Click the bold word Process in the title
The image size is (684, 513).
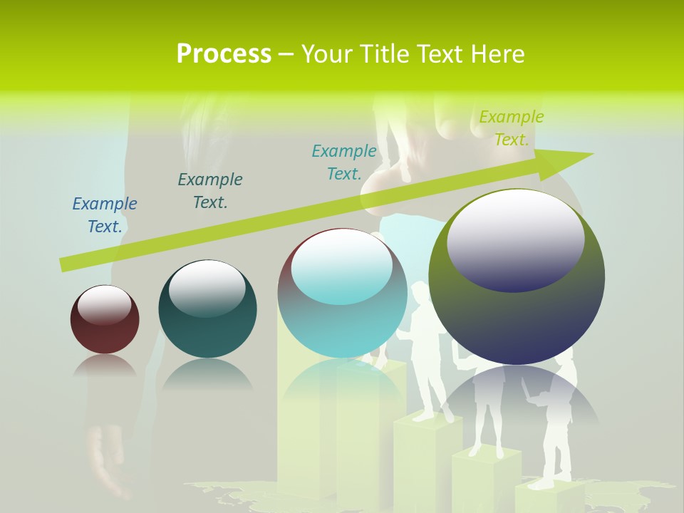[x=224, y=54]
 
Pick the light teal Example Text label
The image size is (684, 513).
[x=344, y=162]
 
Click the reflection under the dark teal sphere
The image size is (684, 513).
[x=207, y=374]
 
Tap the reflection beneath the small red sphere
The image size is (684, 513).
[x=105, y=366]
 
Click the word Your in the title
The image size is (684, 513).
[x=326, y=54]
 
